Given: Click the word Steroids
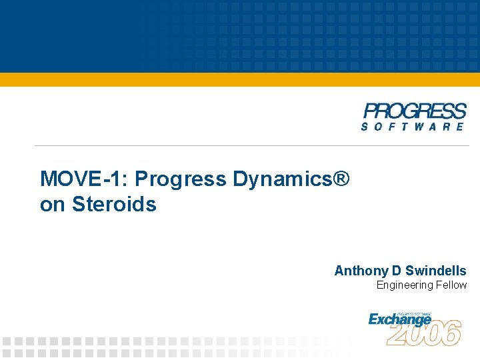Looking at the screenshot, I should click(x=114, y=204).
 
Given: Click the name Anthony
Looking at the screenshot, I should click(x=361, y=271).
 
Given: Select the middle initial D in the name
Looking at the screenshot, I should click(x=397, y=271).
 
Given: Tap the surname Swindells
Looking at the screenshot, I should click(x=436, y=271).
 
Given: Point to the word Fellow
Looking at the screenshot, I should click(x=452, y=285).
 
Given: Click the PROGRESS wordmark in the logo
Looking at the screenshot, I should click(x=415, y=111).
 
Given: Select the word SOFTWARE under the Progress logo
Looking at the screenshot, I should click(x=414, y=127).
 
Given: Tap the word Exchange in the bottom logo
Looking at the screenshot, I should click(x=399, y=320).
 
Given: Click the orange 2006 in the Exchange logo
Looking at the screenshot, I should click(x=425, y=333).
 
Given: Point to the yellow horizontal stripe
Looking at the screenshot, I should click(x=240, y=79).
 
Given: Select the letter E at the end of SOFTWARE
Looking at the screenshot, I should click(x=459, y=127).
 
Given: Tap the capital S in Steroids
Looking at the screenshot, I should click(x=77, y=204).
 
